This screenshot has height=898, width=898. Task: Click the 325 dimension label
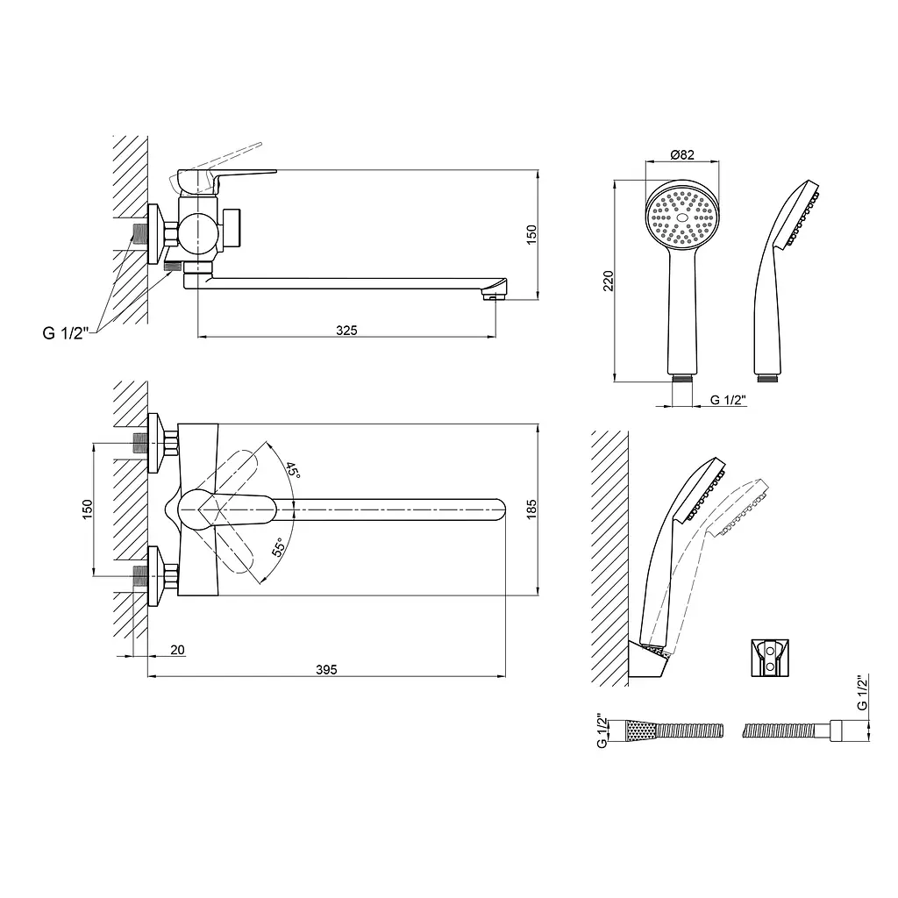point(346,331)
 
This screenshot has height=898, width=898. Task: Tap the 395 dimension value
point(326,669)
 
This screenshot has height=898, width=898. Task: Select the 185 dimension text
point(531,510)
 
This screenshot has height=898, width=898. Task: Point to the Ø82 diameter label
point(682,154)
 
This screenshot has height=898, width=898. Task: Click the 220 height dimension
point(609,281)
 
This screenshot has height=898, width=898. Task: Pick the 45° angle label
point(293,470)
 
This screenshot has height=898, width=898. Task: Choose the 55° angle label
point(278,547)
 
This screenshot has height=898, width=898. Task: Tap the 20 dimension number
point(177,650)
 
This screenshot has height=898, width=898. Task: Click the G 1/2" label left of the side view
point(66,332)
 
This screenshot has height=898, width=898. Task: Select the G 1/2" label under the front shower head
point(728,400)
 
